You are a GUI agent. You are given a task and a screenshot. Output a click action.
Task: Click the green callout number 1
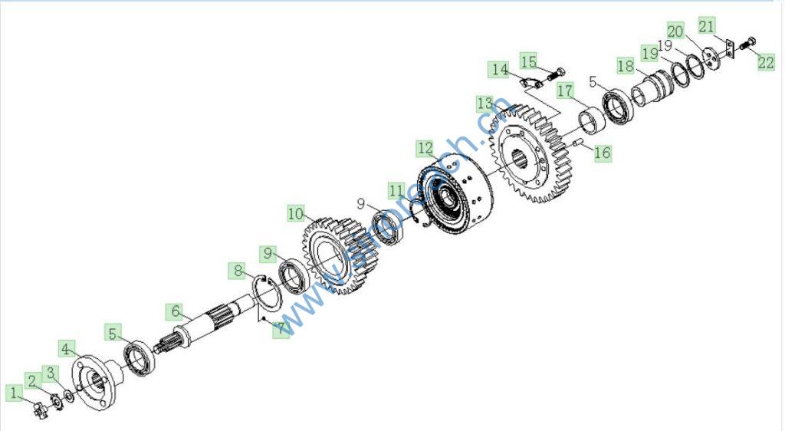pyautogui.click(x=14, y=393)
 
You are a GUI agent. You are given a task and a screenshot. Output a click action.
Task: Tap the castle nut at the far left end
pyautogui.click(x=39, y=409)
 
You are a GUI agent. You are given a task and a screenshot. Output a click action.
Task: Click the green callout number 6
pyautogui.click(x=176, y=311)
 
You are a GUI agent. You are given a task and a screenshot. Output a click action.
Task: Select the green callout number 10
pyautogui.click(x=297, y=212)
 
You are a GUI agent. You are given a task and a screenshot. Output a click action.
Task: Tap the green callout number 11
pyautogui.click(x=396, y=189)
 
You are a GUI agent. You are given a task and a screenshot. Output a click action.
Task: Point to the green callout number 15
pyautogui.click(x=529, y=60)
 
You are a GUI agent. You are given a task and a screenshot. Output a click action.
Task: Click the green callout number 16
pyautogui.click(x=603, y=153)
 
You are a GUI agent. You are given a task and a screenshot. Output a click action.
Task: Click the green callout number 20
pyautogui.click(x=675, y=32)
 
